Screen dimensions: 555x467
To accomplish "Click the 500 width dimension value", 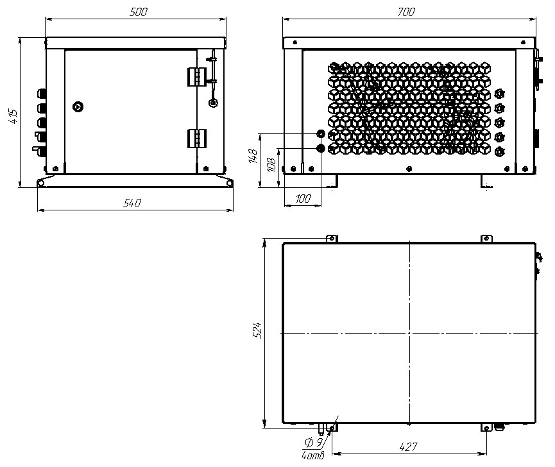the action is click(138, 12).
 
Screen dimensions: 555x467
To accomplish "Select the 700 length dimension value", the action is click(406, 12).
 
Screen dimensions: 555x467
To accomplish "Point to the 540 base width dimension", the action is click(132, 203).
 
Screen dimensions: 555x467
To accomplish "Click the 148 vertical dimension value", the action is click(253, 156).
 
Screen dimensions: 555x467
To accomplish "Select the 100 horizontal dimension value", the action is click(303, 199).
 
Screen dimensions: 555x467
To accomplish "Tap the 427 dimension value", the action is click(408, 447).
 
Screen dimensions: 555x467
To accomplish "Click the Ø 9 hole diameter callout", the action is click(314, 442).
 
